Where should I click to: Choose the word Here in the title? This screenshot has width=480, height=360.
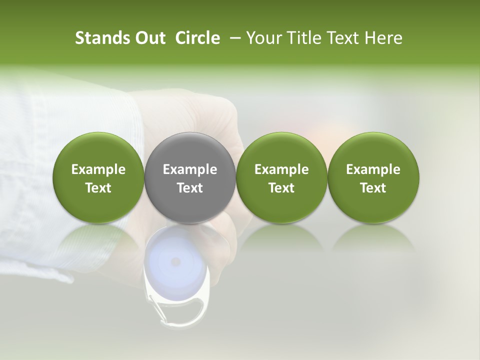point(384,38)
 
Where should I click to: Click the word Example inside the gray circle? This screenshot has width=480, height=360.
point(190,169)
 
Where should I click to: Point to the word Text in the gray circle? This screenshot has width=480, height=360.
point(190,188)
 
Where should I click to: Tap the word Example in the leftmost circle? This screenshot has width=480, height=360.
point(98,169)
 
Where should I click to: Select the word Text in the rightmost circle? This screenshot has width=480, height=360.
point(373,188)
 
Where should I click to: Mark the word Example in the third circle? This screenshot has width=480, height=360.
point(281,169)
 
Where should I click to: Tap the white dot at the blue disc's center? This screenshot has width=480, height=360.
point(175,261)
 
